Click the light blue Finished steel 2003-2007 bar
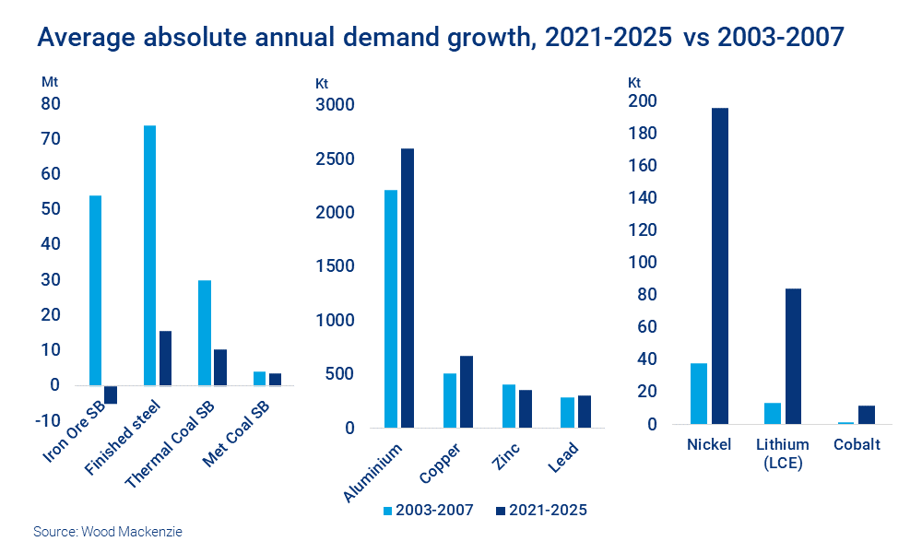pos(149,255)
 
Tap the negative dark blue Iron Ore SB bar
pos(111,394)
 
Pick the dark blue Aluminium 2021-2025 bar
pos(408,288)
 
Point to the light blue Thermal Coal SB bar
pos(205,333)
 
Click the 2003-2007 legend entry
pos(427,510)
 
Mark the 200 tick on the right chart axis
pos(642,101)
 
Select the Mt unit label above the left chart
pos(50,81)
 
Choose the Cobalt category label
pos(857,444)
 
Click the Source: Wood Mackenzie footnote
pos(102,532)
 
